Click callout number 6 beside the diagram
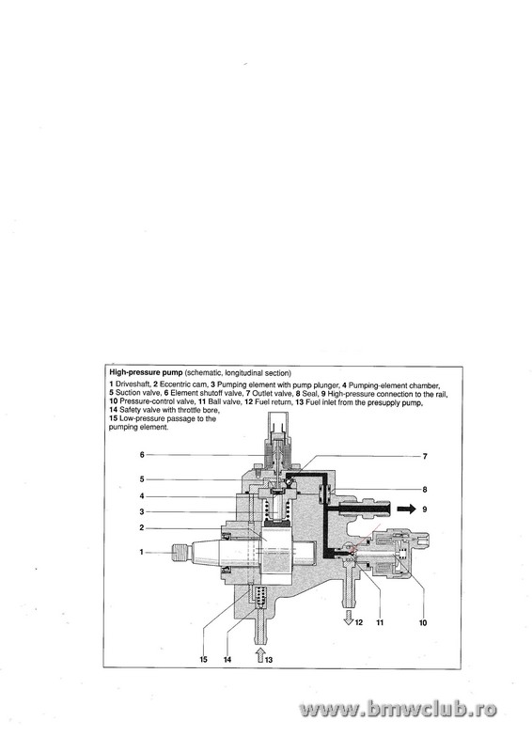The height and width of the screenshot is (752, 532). [142, 454]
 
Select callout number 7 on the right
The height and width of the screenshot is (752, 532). [425, 457]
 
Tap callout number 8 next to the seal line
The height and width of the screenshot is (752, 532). [425, 490]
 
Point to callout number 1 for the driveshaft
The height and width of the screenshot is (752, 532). [142, 552]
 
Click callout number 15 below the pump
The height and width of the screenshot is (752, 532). [203, 660]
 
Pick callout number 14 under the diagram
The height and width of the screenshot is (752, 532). [227, 660]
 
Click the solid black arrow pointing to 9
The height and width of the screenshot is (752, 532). [407, 509]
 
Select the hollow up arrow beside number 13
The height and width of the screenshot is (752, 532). [259, 654]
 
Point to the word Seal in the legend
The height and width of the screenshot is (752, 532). [309, 394]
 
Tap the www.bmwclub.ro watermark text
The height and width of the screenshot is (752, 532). [398, 709]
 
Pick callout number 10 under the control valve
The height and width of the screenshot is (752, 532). [423, 622]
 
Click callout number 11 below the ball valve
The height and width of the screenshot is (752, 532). [380, 622]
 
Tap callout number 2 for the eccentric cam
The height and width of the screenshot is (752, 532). [142, 527]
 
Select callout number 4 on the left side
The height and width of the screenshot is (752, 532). [142, 496]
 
